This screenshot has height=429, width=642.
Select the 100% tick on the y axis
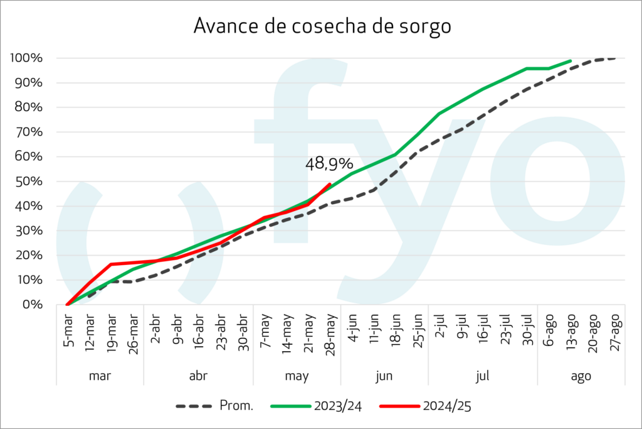point(26,58)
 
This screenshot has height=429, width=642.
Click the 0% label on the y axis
point(33,305)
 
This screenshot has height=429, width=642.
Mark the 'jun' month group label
point(384,376)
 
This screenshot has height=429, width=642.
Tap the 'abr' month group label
point(198,376)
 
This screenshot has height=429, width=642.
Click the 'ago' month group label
point(581,376)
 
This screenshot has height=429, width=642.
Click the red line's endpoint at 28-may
point(330,184)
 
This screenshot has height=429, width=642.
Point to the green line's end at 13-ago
point(571,61)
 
